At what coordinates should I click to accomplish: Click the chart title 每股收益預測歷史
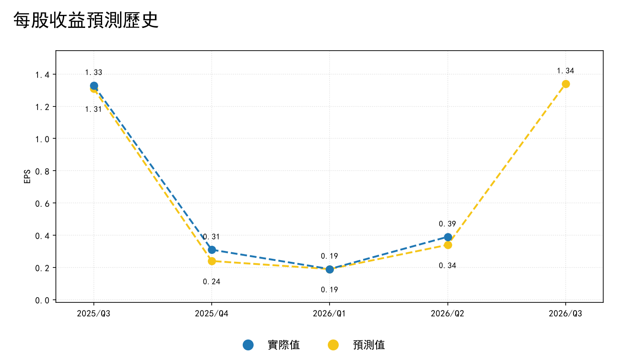point(86,20)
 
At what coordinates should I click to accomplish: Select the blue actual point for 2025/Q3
point(94,86)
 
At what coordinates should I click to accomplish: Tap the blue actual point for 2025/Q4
point(212,250)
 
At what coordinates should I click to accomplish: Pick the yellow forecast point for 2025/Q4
point(212,261)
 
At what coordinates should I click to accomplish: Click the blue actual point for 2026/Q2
point(448,237)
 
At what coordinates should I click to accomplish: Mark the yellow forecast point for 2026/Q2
point(448,245)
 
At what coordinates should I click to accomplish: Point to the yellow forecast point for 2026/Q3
point(566,84)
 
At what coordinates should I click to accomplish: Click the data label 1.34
point(565,71)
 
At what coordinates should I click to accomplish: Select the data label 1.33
point(93,72)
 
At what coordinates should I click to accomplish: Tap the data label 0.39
point(447,224)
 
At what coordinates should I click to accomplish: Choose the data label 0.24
point(211,282)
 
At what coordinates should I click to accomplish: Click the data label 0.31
point(211,237)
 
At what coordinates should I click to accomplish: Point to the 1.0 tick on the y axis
point(42,139)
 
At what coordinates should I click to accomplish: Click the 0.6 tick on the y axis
point(42,204)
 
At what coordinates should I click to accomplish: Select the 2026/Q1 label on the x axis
point(329,314)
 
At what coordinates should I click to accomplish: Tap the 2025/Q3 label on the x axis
point(93,314)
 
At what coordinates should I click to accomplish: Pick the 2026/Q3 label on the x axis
point(565,314)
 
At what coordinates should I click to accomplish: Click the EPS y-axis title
point(27,177)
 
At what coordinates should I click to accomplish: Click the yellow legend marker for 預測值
point(333,345)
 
